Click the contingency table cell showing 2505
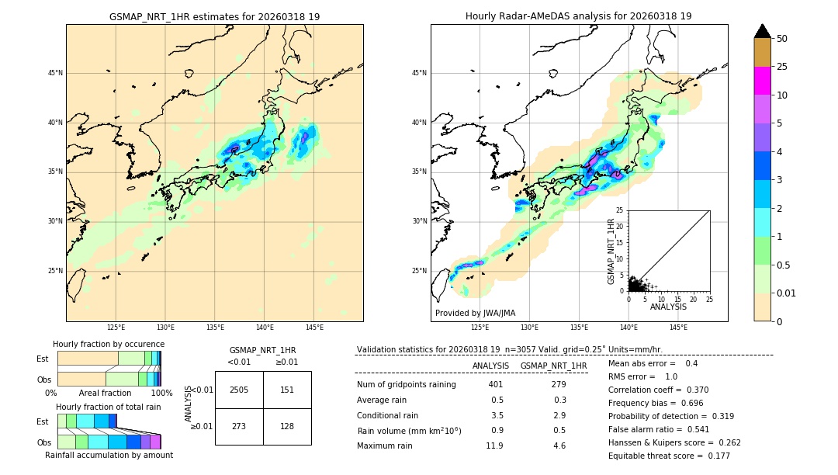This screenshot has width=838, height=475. [x=239, y=390]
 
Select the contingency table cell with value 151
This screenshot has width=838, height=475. [x=287, y=390]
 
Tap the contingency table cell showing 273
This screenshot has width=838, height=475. [x=239, y=426]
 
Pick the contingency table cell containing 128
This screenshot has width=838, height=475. [x=287, y=426]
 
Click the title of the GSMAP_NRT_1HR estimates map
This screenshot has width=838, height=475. [x=214, y=16]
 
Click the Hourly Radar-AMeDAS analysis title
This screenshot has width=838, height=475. [x=579, y=16]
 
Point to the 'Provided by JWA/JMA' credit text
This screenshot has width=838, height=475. [x=475, y=313]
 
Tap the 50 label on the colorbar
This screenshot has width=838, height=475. [x=782, y=39]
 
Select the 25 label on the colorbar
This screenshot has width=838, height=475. [x=782, y=67]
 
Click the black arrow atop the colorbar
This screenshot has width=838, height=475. [x=763, y=31]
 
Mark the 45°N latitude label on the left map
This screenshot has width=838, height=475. [x=55, y=73]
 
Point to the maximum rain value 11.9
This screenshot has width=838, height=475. [x=494, y=446]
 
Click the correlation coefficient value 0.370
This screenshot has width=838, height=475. [x=691, y=390]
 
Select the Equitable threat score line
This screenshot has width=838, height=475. [x=669, y=456]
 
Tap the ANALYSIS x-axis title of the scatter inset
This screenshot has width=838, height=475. [x=668, y=307]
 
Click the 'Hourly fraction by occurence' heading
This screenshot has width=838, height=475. [x=109, y=344]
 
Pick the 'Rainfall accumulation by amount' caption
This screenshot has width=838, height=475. [x=109, y=455]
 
